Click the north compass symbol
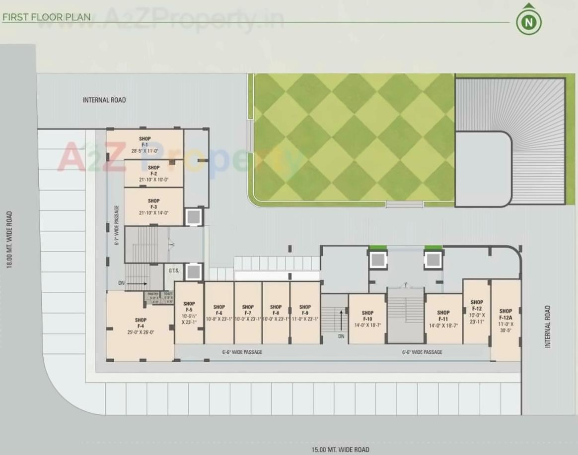[529, 21]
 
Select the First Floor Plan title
[47, 17]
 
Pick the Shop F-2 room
[153, 173]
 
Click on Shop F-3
[153, 206]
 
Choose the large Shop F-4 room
[141, 325]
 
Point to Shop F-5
[189, 313]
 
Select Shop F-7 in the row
[248, 313]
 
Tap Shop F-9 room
[305, 313]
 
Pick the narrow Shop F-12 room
[477, 311]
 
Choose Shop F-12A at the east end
[506, 320]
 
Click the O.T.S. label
[174, 270]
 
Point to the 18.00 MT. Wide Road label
[9, 240]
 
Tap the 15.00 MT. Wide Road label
[340, 450]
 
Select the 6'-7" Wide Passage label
[117, 226]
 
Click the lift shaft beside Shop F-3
[193, 217]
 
